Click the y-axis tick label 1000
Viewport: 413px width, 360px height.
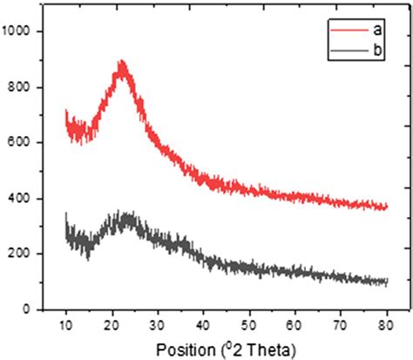point(18,31)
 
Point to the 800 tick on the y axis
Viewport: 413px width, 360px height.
point(21,87)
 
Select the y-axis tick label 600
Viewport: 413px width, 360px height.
point(21,143)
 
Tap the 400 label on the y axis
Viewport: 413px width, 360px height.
point(21,199)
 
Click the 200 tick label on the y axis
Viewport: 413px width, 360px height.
point(21,254)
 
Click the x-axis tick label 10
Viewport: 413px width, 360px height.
point(66,326)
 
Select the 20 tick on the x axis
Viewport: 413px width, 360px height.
point(112,326)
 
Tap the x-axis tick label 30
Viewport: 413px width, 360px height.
point(158,326)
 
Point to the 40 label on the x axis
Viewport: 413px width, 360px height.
point(203,326)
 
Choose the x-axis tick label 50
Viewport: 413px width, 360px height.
point(249,326)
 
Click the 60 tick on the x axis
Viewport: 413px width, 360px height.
point(295,326)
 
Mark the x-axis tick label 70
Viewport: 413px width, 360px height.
point(341,326)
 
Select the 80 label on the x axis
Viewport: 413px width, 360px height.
point(386,326)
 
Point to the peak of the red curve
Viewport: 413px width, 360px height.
point(122,63)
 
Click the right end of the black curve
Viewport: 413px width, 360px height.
point(386,282)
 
